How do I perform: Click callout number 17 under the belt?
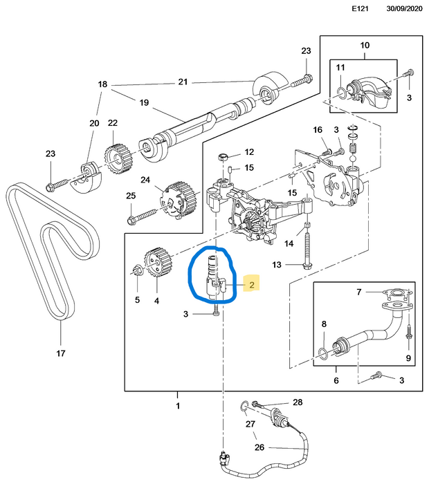click(x=60, y=353)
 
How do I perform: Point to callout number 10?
click(x=365, y=46)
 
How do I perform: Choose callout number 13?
click(x=277, y=265)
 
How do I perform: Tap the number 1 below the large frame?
click(x=178, y=404)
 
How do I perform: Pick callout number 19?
click(x=144, y=103)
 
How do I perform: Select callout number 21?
click(x=183, y=82)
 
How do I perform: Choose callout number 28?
click(x=298, y=402)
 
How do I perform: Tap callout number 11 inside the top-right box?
click(x=340, y=67)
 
